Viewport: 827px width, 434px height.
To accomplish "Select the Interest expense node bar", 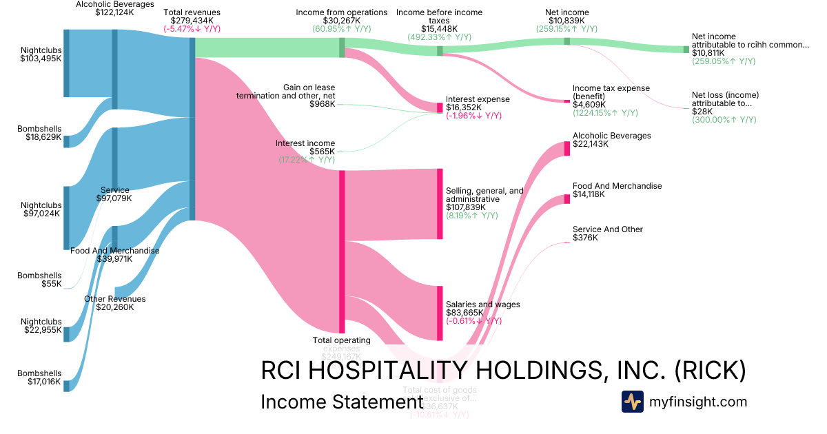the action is click(x=440, y=107).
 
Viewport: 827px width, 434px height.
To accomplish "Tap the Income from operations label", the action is click(x=342, y=12).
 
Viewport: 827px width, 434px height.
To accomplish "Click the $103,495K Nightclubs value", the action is click(x=41, y=60).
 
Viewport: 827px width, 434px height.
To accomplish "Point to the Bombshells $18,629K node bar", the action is click(x=67, y=141).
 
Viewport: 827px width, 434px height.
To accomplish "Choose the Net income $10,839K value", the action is click(x=566, y=21).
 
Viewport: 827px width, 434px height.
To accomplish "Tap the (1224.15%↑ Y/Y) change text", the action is click(x=605, y=113).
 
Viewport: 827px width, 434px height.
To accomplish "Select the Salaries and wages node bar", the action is click(x=440, y=313).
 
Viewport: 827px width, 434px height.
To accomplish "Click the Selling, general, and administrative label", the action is click(x=484, y=194).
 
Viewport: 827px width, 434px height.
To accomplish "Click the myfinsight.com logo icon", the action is click(x=632, y=402).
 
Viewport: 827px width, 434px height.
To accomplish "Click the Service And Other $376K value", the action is click(x=585, y=238).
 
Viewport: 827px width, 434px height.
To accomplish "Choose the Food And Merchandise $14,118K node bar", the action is click(x=567, y=200).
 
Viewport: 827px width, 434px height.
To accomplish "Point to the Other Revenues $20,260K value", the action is click(x=114, y=307).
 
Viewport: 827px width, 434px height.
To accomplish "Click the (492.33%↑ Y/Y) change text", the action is click(x=440, y=38).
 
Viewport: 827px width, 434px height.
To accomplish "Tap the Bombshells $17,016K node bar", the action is click(x=67, y=385).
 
